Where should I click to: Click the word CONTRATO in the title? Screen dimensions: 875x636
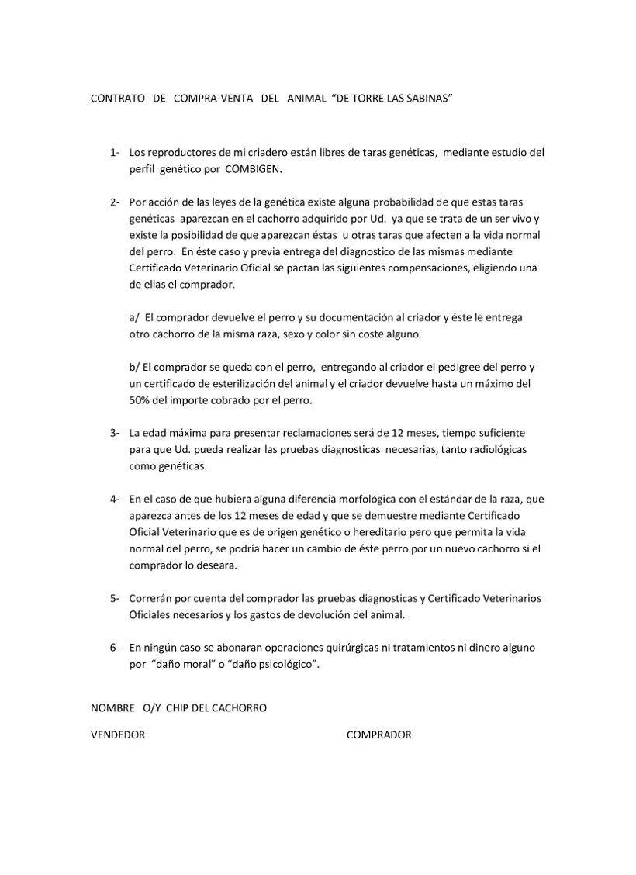click(x=118, y=99)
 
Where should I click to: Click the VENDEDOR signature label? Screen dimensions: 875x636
click(x=118, y=735)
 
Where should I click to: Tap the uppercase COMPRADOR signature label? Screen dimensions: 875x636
click(x=378, y=735)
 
